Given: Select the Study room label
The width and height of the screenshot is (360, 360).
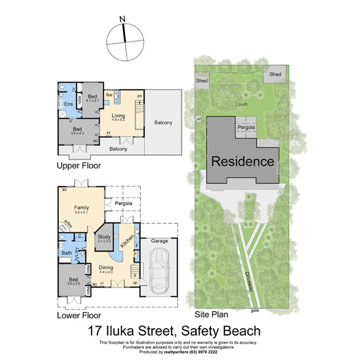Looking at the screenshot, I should point(104,237).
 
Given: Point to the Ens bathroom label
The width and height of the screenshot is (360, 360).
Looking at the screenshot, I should point(68,104).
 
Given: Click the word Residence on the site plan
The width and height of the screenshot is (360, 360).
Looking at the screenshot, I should point(243,161).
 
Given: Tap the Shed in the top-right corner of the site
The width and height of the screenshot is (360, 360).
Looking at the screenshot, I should point(275,74).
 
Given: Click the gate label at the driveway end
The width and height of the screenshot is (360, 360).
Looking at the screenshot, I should point(254,310).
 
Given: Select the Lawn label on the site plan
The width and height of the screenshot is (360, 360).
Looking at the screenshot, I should point(242,104).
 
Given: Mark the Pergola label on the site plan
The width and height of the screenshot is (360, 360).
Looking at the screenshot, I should point(246,127).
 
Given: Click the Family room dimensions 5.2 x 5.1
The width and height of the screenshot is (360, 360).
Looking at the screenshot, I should point(82,212).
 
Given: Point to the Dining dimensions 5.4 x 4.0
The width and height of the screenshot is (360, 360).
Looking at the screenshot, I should point(106,272).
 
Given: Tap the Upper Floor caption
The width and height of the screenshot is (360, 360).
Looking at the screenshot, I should point(78,166).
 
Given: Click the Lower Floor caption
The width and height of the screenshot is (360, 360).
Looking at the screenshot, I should point(79,315).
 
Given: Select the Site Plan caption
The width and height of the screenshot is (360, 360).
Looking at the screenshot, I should point(211,314).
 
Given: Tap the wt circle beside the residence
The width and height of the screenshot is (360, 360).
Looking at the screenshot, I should point(199,119).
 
